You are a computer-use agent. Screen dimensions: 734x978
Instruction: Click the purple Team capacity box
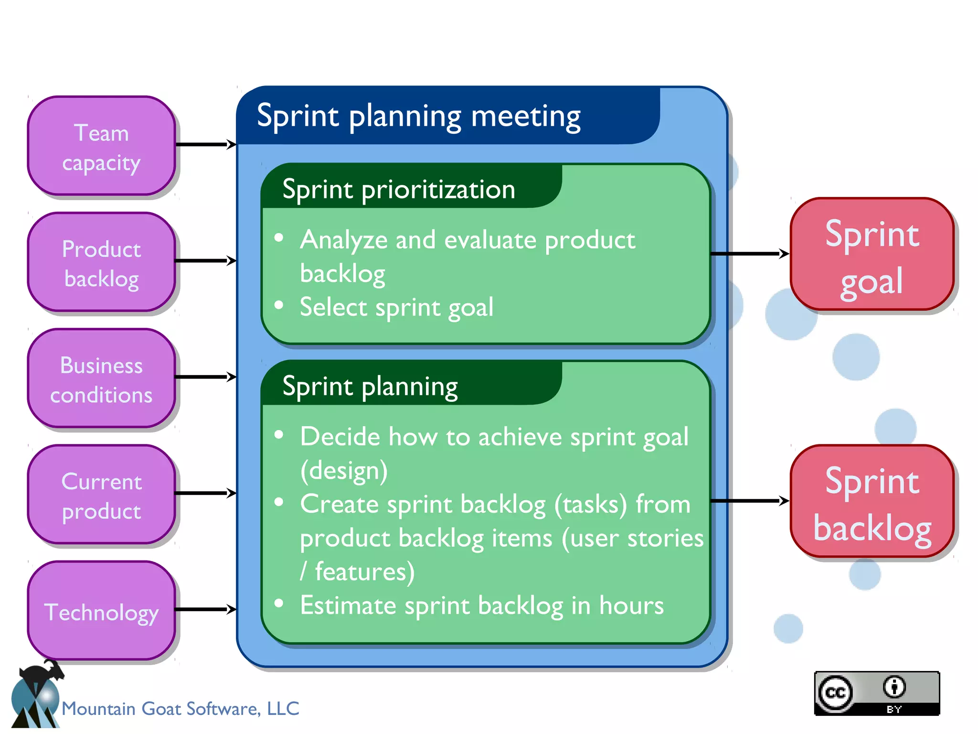(101, 146)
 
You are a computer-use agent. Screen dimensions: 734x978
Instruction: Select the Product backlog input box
(101, 262)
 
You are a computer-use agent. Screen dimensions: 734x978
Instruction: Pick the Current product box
(101, 495)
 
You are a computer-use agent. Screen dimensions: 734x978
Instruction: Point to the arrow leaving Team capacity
(205, 144)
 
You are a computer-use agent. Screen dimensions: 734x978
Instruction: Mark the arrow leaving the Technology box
(205, 609)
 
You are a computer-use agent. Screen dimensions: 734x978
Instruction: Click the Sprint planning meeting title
(418, 116)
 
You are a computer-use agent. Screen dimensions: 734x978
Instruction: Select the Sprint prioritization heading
(399, 190)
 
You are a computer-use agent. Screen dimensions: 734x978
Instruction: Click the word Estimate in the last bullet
(348, 606)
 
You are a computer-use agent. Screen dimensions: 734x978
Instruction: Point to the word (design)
(344, 471)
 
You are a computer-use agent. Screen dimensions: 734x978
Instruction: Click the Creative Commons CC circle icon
(835, 693)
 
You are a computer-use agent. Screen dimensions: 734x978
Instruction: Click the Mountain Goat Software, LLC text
(181, 709)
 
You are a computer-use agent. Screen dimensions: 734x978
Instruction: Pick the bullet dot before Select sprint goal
(279, 305)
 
